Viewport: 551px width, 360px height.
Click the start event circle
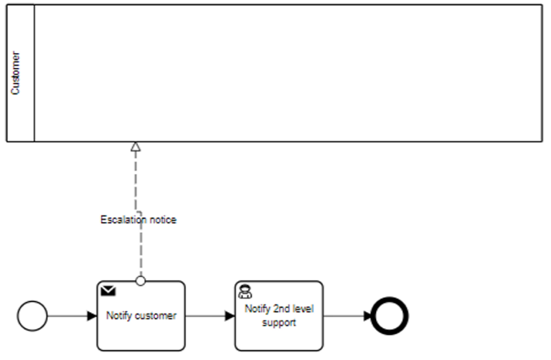[x=33, y=316]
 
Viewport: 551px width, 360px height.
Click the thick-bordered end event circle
[x=389, y=316]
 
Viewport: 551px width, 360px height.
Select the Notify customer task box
[x=141, y=328]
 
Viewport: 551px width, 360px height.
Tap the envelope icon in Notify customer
[x=109, y=291]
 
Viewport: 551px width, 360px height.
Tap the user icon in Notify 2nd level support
[x=245, y=291]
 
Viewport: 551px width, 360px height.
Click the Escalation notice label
[x=139, y=220]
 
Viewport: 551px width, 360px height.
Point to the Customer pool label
[x=16, y=73]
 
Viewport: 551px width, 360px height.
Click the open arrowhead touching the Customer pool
[x=135, y=147]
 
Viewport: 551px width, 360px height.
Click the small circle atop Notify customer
[x=140, y=279]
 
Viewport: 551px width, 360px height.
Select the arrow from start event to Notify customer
[x=72, y=316]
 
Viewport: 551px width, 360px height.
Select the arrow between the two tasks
[x=209, y=316]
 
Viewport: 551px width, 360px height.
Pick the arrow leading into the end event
[x=347, y=316]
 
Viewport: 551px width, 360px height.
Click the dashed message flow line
[x=136, y=185]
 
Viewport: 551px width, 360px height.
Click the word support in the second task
[x=279, y=321]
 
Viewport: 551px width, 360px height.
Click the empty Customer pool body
[x=286, y=73]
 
